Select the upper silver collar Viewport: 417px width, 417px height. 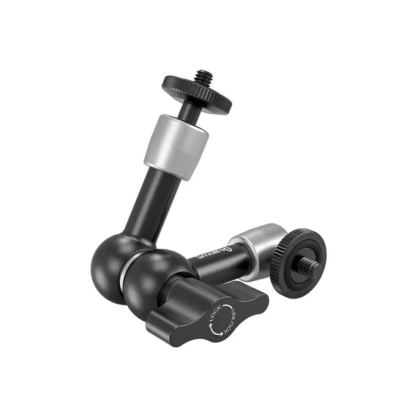click(x=176, y=145)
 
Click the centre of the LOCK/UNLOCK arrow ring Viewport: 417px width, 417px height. click(x=222, y=322)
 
